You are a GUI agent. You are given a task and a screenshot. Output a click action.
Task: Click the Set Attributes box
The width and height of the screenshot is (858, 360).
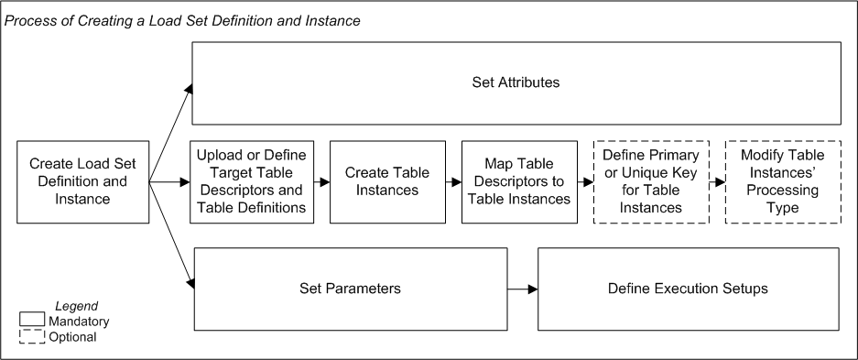tap(516, 82)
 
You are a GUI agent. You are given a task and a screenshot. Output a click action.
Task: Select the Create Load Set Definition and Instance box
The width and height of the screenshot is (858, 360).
tap(83, 182)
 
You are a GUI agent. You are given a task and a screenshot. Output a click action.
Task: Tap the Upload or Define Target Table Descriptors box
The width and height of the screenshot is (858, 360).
tap(251, 182)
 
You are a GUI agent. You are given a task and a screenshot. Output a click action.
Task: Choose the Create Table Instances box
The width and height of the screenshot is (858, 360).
tap(381, 182)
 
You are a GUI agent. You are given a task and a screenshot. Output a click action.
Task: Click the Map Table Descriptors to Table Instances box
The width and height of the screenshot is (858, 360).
tap(519, 182)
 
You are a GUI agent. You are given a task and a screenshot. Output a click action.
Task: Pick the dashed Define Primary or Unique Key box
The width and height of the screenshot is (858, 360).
tap(651, 182)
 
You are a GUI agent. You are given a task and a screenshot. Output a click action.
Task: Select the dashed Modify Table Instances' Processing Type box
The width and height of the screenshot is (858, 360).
tap(783, 182)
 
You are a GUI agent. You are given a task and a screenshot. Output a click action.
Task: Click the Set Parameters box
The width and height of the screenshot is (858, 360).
tap(351, 289)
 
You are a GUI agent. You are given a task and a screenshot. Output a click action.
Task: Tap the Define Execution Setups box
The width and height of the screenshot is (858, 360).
tap(688, 289)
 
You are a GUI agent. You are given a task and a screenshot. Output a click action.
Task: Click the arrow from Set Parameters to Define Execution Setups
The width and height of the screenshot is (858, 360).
tap(522, 289)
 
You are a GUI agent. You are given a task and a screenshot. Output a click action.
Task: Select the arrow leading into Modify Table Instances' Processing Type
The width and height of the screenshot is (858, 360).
tap(717, 182)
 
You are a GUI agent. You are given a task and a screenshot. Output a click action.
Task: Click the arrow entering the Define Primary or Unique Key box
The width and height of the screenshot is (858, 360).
tap(586, 182)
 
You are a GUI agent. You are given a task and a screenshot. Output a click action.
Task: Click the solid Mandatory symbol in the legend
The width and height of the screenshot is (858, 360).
tap(32, 320)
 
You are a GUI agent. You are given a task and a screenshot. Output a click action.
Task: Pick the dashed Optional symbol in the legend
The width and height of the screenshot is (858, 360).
tap(32, 336)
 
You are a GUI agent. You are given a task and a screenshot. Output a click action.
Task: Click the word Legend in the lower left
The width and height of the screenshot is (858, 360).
tap(76, 306)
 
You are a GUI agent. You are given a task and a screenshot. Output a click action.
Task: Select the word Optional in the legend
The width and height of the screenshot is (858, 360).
tap(73, 337)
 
